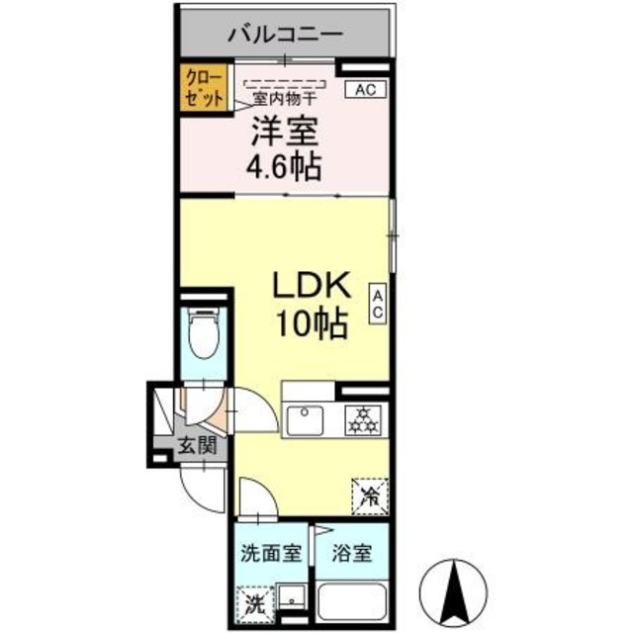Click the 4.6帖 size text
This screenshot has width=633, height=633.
[x=283, y=165]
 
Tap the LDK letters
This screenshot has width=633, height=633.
[x=312, y=286]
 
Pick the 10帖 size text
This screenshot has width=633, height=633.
[x=312, y=324]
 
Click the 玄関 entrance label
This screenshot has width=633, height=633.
[x=196, y=445]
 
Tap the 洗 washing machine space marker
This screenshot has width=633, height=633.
[x=251, y=601]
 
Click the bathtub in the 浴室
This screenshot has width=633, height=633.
[x=351, y=603]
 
